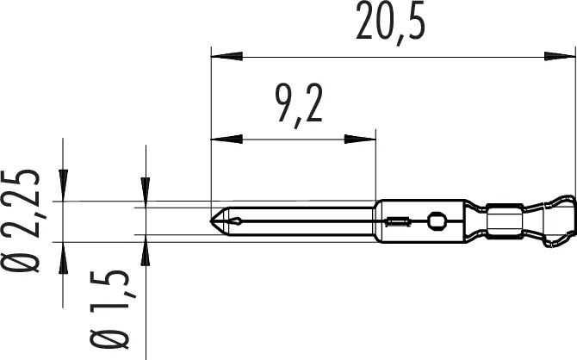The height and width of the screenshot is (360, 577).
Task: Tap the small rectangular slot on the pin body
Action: tap(396, 222)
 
